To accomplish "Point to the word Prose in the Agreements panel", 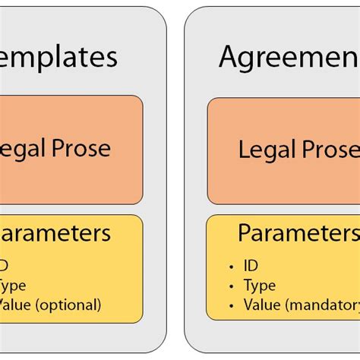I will tap(328, 150).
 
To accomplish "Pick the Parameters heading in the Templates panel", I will tap(57, 232).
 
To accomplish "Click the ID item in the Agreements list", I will tap(251, 266).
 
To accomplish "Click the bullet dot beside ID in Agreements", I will tap(232, 267).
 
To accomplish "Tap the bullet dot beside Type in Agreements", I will tap(232, 286).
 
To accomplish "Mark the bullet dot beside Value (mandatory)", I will tap(232, 306).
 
